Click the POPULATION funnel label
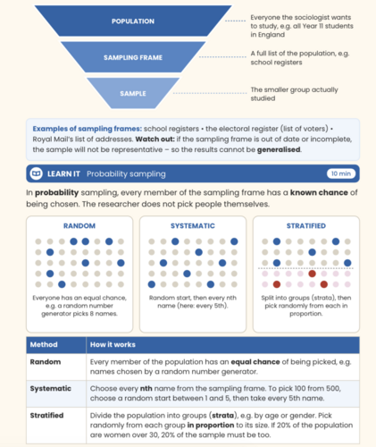pos(133,21)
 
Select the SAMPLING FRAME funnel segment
pos(133,57)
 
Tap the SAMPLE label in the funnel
pos(133,94)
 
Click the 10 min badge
pos(341,173)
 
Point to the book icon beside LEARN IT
pos(37,173)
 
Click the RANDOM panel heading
pos(79,226)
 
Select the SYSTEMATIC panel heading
pos(193,226)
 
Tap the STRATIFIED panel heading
pos(306,226)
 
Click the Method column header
pos(44,344)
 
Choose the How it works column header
pos(113,344)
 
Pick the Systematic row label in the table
pos(51,388)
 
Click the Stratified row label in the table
pos(46,415)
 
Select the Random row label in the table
pos(46,362)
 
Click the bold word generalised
pos(279,149)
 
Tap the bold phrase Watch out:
pos(155,139)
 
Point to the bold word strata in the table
pos(222,415)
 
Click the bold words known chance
pos(319,192)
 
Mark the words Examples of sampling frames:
pos(88,129)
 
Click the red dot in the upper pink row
pos(312,274)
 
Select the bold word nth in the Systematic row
pos(146,388)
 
